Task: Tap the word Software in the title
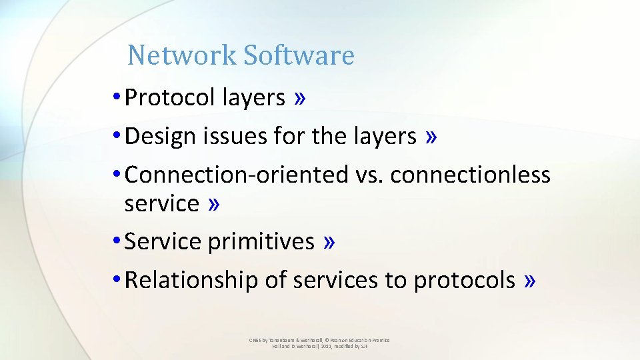(298, 55)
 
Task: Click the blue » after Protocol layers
(300, 98)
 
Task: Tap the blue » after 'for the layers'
(432, 137)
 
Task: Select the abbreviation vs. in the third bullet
(369, 175)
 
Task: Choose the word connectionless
(471, 175)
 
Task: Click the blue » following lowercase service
(213, 203)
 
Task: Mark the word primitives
(261, 241)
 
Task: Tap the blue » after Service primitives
(329, 241)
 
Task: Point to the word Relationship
(191, 280)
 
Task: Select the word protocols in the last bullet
(464, 280)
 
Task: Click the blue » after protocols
(529, 280)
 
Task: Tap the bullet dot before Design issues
(117, 137)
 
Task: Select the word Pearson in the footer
(335, 340)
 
